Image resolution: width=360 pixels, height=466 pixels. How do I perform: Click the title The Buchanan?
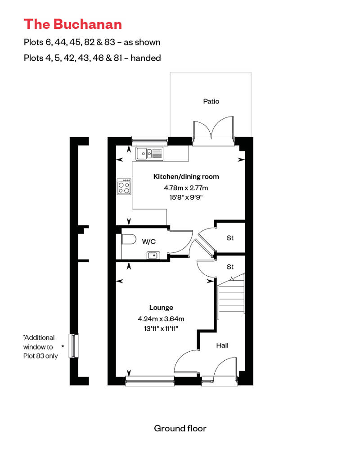click(x=72, y=23)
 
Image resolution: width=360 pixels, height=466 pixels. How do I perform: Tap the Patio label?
click(x=211, y=101)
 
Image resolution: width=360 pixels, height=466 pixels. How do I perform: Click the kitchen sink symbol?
click(x=149, y=154)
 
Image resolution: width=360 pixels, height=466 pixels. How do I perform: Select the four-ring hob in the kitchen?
click(x=125, y=187)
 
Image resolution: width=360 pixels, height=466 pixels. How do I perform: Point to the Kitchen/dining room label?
click(x=186, y=176)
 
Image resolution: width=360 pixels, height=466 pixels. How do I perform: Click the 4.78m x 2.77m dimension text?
click(x=186, y=188)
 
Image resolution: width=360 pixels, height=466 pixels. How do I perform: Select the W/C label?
click(x=149, y=242)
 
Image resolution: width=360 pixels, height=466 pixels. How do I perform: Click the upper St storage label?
click(x=230, y=238)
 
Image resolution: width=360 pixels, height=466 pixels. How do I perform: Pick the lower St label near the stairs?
click(x=230, y=267)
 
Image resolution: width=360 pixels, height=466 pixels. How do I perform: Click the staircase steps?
click(x=231, y=297)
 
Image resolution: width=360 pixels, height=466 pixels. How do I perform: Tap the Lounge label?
click(x=161, y=308)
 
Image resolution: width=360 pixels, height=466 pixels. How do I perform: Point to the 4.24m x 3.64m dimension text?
click(x=161, y=319)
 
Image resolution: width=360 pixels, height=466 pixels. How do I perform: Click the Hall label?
click(x=222, y=345)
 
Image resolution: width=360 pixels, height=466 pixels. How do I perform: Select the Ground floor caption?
click(x=180, y=428)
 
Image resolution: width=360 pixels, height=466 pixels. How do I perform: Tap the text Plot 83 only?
click(x=40, y=356)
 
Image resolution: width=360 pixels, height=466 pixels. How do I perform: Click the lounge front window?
click(x=149, y=382)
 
